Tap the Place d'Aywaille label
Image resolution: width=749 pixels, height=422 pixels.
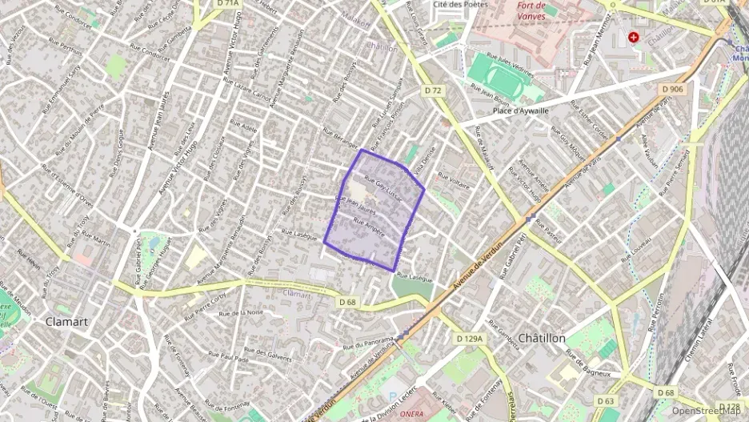tap(521, 111)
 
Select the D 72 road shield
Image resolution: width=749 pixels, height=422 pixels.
tap(433, 90)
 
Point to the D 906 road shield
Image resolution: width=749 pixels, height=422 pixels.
tap(672, 89)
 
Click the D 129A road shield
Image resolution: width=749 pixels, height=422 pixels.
tap(471, 339)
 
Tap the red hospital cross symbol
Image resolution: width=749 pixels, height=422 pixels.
tap(634, 37)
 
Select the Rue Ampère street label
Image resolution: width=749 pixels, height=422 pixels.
tap(369, 228)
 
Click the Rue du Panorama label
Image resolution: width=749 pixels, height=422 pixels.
tap(368, 343)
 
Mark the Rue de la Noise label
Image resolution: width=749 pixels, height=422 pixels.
tap(244, 312)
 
